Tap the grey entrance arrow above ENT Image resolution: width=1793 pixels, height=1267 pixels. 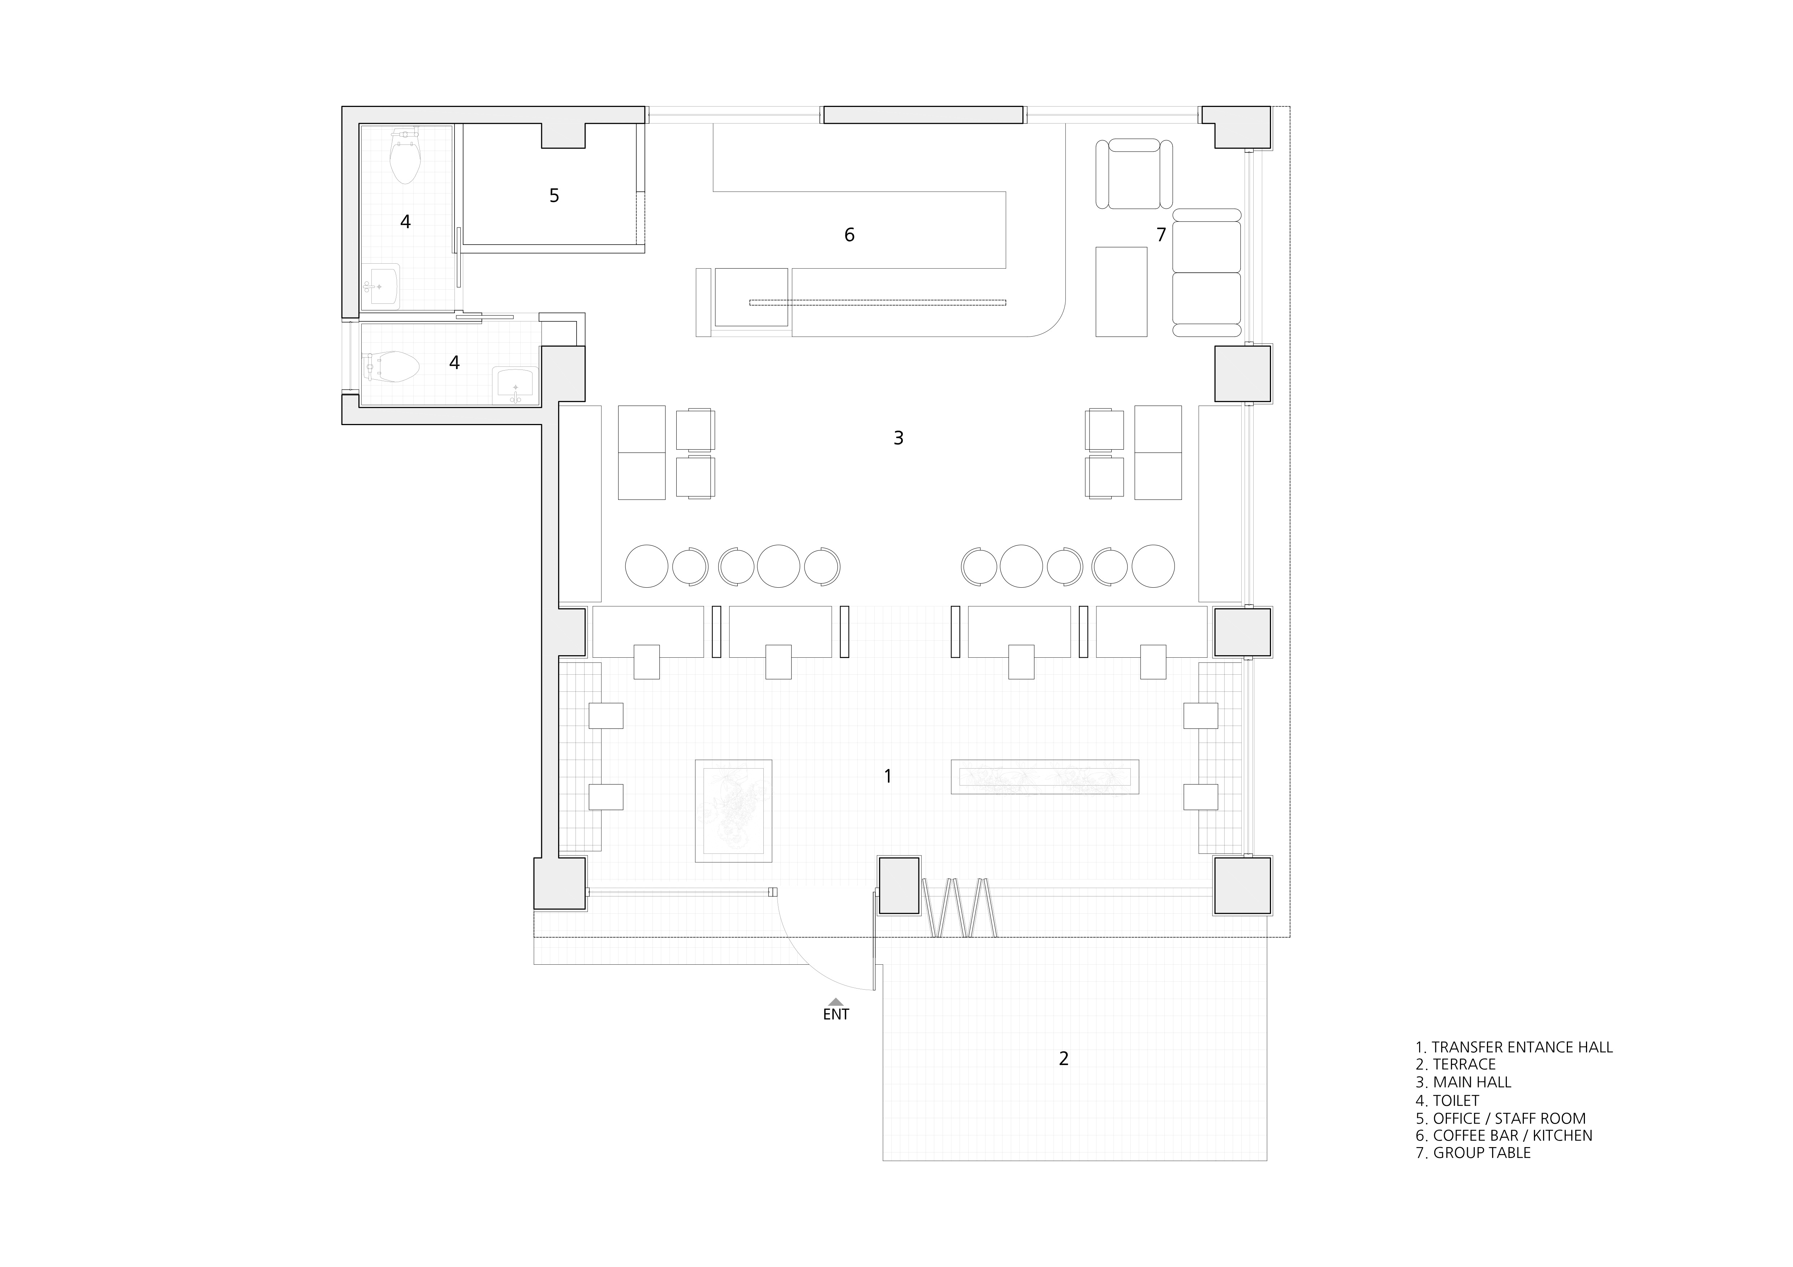836,1002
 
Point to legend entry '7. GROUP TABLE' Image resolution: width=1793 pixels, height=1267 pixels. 1473,1153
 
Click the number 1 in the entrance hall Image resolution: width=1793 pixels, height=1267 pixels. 888,776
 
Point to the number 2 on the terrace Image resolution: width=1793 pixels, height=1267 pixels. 1064,1059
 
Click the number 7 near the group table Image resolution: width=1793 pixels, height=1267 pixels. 1161,234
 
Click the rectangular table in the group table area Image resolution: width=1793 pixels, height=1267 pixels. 1121,292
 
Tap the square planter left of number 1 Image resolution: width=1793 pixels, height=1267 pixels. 733,811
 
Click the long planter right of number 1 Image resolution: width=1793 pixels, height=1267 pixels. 1045,777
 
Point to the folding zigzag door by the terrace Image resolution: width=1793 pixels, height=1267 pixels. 959,908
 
